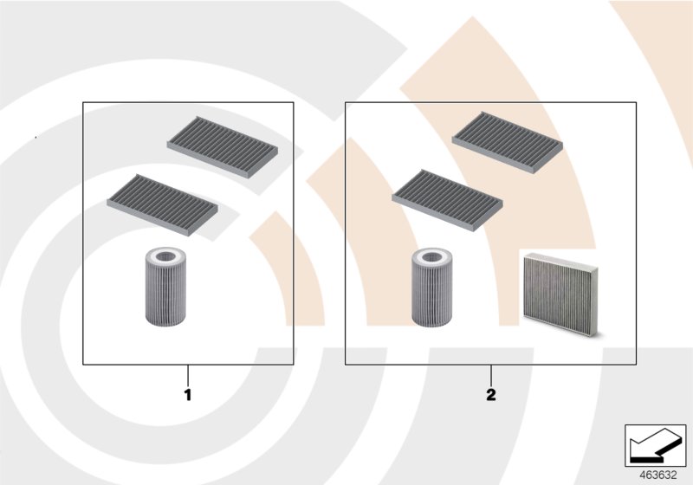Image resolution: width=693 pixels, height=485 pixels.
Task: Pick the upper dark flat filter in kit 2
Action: (508, 142)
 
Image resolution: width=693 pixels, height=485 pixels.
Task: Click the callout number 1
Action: (187, 395)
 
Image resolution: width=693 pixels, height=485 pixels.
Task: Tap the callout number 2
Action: (491, 395)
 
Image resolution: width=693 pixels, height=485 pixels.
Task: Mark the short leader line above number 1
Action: (187, 376)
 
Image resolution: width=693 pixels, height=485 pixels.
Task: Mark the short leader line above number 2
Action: (491, 376)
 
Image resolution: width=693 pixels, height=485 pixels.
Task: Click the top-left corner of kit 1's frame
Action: (83, 103)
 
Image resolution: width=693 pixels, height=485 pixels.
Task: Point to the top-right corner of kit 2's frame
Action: (637, 103)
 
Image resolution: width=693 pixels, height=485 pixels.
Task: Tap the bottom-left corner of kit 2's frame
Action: (346, 365)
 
